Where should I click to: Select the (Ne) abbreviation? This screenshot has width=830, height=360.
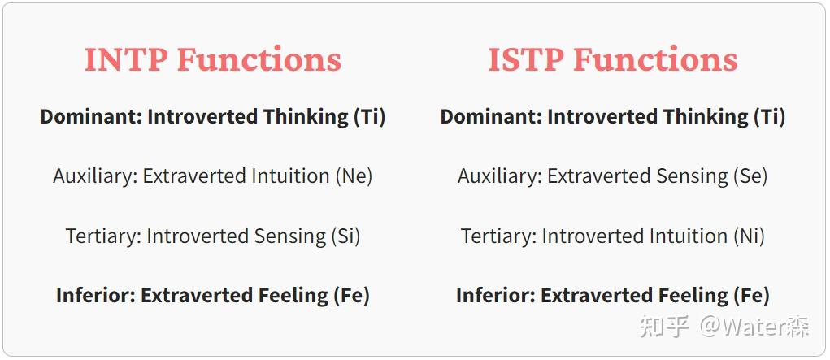[x=354, y=176]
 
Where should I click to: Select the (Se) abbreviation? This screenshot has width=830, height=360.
[x=750, y=176]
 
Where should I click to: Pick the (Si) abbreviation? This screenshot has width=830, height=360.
[x=345, y=236]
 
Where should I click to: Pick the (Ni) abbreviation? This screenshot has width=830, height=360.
[x=747, y=236]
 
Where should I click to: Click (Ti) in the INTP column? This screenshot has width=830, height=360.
[x=369, y=117]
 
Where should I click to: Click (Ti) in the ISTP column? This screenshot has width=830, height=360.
[x=769, y=117]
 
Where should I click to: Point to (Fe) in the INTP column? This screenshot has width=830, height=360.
[x=352, y=296]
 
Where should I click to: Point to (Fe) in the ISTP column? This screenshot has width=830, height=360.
[x=752, y=296]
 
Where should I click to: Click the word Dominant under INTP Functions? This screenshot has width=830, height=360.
[x=89, y=117]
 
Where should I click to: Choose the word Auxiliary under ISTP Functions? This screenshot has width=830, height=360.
[x=498, y=176]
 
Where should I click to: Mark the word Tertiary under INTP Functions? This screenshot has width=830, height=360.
[x=103, y=236]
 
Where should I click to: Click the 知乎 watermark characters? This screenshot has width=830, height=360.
[x=665, y=327]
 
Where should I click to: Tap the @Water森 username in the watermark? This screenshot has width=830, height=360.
[x=756, y=327]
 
